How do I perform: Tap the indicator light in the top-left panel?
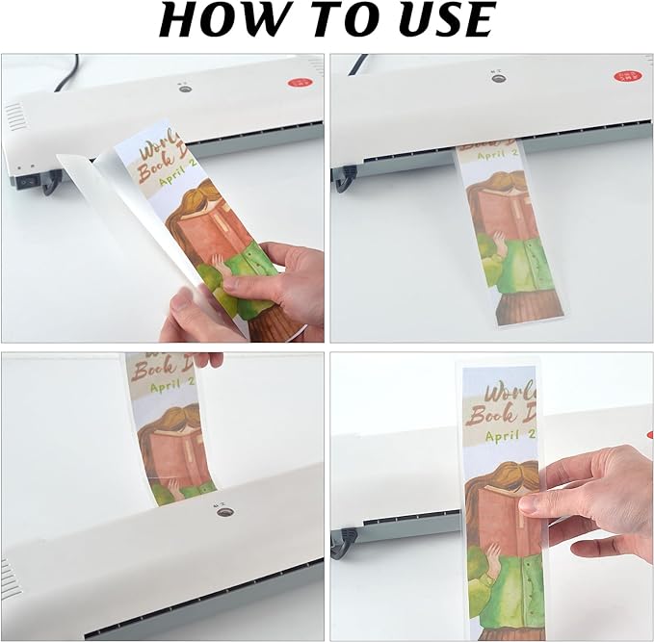click(x=184, y=89)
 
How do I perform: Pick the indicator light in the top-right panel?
click(x=498, y=77)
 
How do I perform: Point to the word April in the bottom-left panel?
click(x=164, y=393)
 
